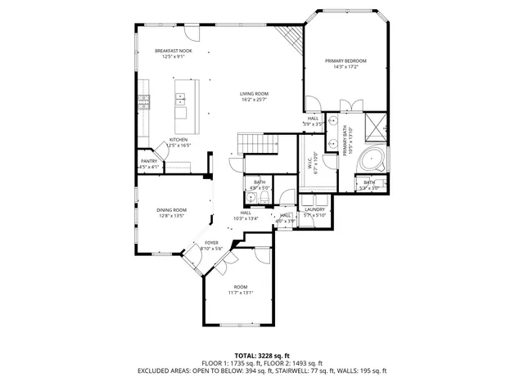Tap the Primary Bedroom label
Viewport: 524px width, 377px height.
[x=345, y=61]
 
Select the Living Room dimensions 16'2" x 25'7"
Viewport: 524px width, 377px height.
[x=254, y=100]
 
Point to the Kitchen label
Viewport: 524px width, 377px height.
[x=178, y=140]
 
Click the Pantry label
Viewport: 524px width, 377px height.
[x=149, y=161]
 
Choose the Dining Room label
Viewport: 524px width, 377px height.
[x=172, y=210]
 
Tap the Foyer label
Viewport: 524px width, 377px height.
[x=211, y=243]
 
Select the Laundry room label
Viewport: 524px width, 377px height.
[x=315, y=209]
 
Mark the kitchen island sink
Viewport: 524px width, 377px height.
[x=180, y=100]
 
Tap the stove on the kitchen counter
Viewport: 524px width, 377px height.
[x=145, y=101]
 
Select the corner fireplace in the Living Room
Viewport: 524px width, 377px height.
[x=291, y=37]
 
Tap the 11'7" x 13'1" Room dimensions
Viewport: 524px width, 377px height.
[x=240, y=293]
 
